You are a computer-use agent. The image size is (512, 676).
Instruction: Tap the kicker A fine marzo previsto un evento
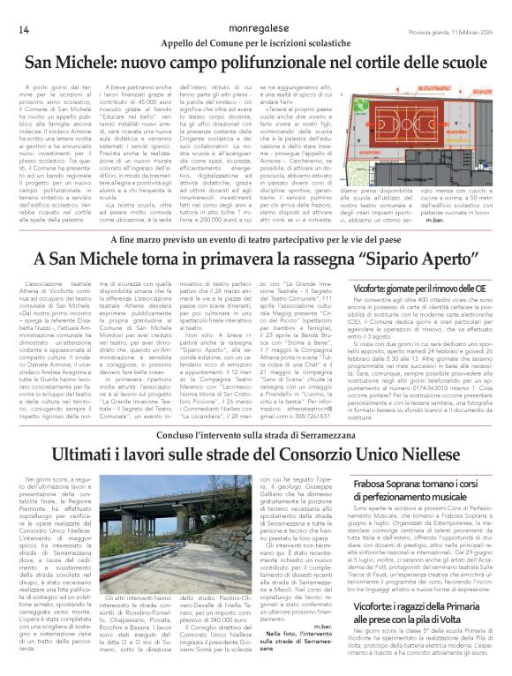click(x=256, y=238)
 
